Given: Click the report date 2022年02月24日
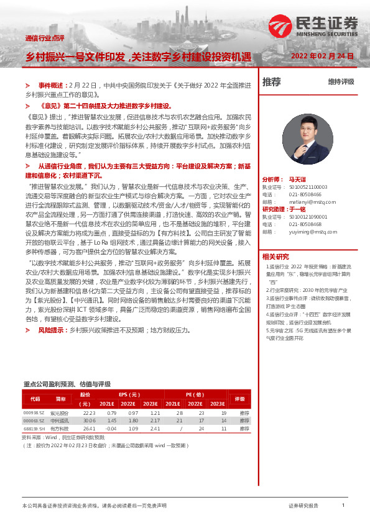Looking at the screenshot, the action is [x=322, y=56].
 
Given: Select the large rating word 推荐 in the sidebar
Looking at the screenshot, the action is [x=272, y=81].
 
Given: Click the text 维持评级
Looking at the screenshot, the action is [x=341, y=81].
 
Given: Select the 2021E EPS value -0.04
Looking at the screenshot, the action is [x=111, y=428].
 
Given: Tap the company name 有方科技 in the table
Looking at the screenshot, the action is [x=60, y=428].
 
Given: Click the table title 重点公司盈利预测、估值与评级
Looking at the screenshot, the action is [x=67, y=384].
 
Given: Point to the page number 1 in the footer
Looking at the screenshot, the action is [x=343, y=506].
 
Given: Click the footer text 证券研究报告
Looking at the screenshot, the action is [x=303, y=506].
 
